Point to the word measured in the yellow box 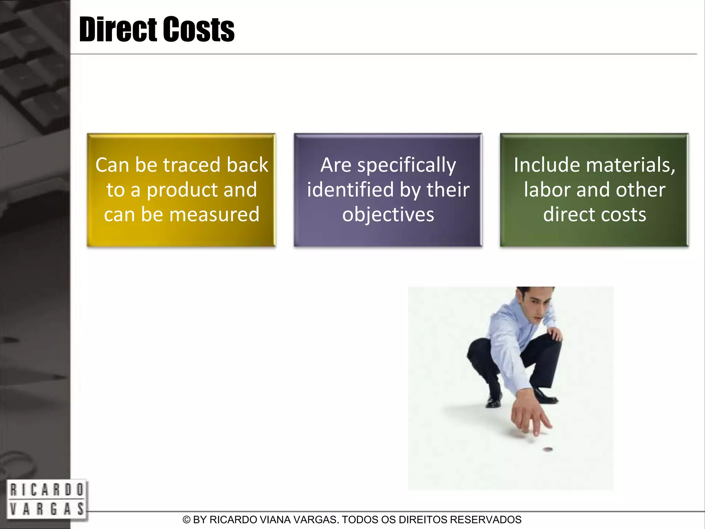(214, 214)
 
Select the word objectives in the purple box (388, 215)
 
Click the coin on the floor (547, 449)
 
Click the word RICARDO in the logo (46, 490)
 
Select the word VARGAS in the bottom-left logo (46, 509)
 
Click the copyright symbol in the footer (186, 520)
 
